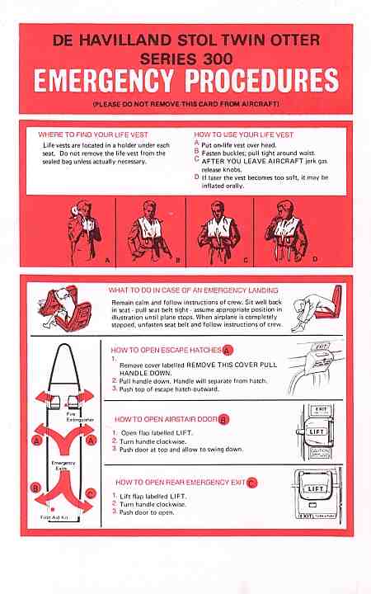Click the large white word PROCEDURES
pos(262,81)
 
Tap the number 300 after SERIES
pos(214,59)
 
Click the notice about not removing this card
pos(185,104)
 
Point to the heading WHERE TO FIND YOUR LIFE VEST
pos(93,134)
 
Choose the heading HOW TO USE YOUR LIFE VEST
pos(244,134)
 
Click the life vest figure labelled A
pos(84,230)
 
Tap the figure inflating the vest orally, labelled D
pos(286,231)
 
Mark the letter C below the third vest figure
pos(246,260)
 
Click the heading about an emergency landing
pos(194,290)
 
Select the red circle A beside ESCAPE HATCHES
pos(228,351)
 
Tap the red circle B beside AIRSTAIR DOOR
pos(223,420)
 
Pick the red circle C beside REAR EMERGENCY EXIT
pos(251,483)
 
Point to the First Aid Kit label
pos(54,517)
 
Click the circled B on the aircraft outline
pos(35,488)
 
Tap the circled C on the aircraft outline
pos(91,493)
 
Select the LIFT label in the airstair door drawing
pos(316,431)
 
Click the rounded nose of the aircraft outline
pos(64,346)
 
